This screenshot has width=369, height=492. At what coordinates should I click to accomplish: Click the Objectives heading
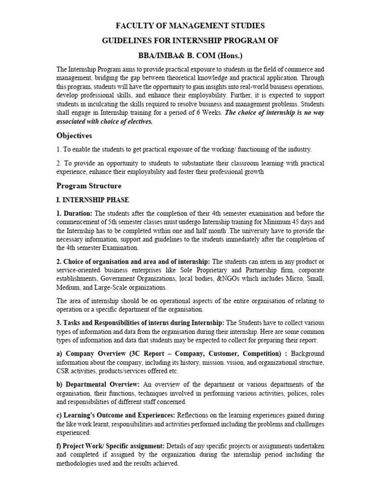tap(74, 135)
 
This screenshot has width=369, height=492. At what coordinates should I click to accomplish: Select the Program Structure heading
tap(89, 185)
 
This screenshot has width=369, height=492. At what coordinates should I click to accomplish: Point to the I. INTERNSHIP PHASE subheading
tap(93, 200)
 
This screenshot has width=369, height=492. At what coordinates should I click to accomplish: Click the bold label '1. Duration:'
tap(74, 213)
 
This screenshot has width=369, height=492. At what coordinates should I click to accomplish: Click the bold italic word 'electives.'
tap(137, 122)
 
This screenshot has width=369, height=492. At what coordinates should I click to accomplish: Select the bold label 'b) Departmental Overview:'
tap(98, 384)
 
